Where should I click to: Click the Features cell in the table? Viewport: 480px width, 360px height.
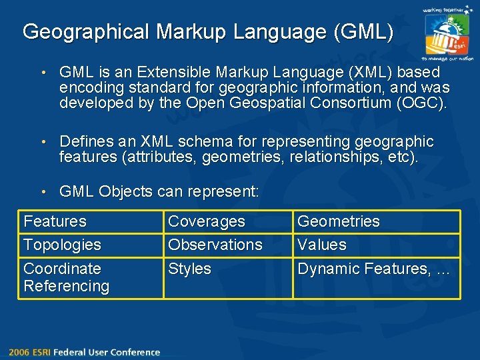[x=55, y=221]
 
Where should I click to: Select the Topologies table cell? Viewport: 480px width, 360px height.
[x=62, y=245]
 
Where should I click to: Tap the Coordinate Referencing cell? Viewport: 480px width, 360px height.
[x=66, y=277]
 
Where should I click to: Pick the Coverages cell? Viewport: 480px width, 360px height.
[x=207, y=221]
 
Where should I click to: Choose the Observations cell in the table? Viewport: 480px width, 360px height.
[x=215, y=245]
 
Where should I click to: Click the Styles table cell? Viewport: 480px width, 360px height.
[x=189, y=269]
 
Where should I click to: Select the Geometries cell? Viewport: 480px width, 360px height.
[x=339, y=221]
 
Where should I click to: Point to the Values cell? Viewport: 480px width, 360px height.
[x=322, y=245]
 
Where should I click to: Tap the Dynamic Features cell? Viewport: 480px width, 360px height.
[x=374, y=269]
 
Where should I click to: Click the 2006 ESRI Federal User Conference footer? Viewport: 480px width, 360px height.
[x=84, y=352]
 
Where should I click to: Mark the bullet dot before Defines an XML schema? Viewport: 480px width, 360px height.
[x=43, y=142]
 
